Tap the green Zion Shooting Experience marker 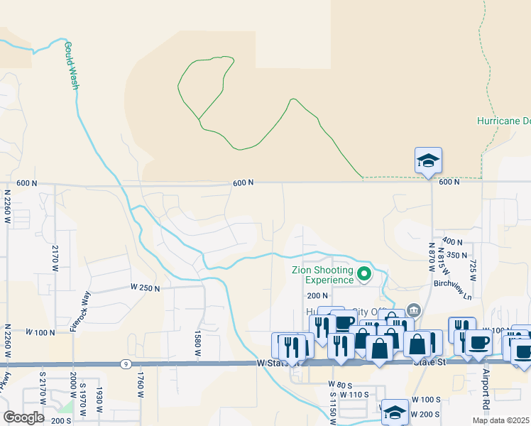[365, 273]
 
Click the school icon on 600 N [429, 160]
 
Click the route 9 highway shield [124, 364]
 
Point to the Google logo [23, 417]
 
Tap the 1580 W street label [198, 342]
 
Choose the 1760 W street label [140, 385]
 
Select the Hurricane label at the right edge [503, 121]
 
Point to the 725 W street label [473, 268]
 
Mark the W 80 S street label [341, 384]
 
